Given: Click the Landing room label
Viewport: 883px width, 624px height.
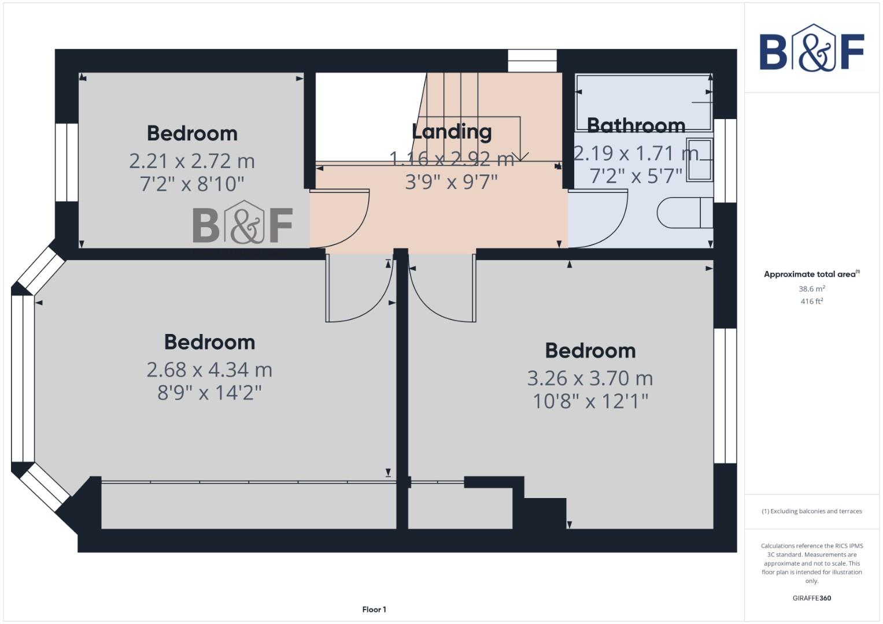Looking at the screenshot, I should coord(452,132).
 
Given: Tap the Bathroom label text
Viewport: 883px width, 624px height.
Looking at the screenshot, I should coord(636,125).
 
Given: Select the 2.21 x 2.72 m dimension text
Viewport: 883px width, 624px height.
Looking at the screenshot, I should coord(191,161).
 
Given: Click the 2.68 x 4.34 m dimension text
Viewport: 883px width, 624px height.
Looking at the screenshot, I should coord(209,369).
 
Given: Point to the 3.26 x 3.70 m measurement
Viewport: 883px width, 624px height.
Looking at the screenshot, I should coord(590,378).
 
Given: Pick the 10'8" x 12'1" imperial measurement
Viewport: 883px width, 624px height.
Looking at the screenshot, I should coord(590,400).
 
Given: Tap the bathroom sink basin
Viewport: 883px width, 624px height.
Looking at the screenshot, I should coord(700,160).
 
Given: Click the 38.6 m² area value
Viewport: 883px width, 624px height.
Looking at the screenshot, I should coord(811,288).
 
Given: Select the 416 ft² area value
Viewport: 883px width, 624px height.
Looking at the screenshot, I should coord(811,301).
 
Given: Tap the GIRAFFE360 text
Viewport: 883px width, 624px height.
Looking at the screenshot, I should coord(811,598).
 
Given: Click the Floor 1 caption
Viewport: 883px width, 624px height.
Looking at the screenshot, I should coord(374,609).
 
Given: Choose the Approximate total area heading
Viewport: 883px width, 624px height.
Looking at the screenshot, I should coord(811,274).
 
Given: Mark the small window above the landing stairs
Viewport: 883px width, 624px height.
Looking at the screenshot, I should coord(532,61).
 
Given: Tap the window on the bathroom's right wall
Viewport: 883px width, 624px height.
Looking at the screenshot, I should coord(725,160).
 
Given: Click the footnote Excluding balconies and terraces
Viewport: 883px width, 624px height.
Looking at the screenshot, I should coord(811,511).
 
